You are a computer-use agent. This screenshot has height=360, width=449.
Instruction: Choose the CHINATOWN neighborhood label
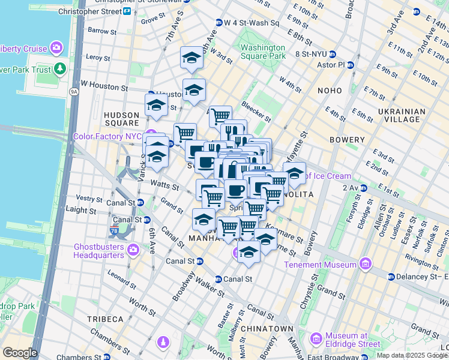(x=267, y=329)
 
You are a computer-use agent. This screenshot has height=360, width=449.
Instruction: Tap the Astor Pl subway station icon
(x=351, y=65)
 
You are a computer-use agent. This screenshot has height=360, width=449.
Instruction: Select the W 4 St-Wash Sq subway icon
(x=218, y=23)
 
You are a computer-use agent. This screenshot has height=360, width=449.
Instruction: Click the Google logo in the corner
(x=20, y=353)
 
